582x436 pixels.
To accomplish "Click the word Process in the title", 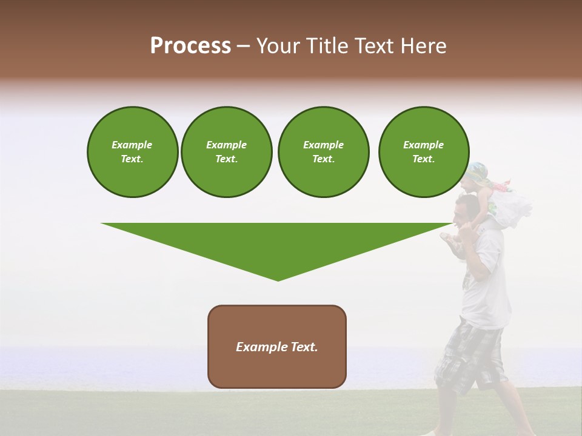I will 190,46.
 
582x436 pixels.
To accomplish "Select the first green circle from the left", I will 133,152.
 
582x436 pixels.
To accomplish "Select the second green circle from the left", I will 227,152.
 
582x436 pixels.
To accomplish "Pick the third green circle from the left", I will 323,152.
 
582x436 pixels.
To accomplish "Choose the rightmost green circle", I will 424,152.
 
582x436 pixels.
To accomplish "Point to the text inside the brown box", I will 277,347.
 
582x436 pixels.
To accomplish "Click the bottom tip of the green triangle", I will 278,279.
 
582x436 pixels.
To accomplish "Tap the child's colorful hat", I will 479,173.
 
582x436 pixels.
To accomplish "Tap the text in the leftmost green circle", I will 132,152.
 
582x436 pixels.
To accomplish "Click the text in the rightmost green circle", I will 424,152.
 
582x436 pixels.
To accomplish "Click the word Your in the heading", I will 276,46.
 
